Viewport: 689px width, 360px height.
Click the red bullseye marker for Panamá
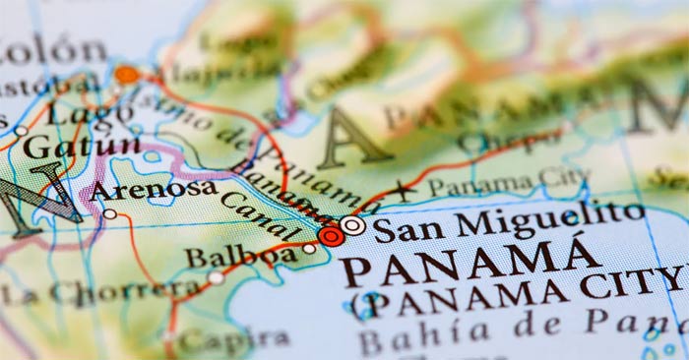[332, 235]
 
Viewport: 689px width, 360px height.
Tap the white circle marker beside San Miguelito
[353, 226]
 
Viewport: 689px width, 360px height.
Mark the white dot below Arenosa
[110, 213]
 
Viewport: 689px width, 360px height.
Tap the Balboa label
[240, 257]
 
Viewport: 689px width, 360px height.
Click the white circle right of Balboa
[310, 249]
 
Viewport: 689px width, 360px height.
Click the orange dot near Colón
[126, 74]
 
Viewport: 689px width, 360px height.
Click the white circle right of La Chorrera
[217, 277]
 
